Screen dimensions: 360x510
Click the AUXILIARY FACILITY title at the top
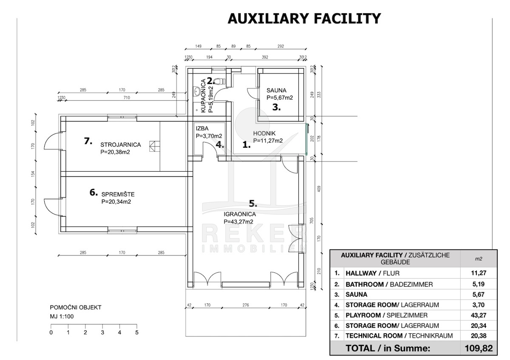(x=304, y=19)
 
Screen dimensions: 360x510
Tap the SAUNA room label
(x=277, y=90)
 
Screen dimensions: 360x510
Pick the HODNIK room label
(x=264, y=133)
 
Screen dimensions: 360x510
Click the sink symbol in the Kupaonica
(x=196, y=91)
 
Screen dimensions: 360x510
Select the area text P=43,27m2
(x=238, y=221)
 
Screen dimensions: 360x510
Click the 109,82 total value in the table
(x=479, y=349)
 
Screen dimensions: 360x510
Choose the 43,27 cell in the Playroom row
(x=479, y=315)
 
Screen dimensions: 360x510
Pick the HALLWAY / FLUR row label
(x=373, y=273)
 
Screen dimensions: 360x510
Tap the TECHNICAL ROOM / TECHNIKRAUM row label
(x=399, y=336)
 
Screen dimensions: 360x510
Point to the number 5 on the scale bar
(x=136, y=333)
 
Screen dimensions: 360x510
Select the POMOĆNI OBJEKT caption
(x=76, y=308)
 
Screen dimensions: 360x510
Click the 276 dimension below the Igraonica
(x=245, y=305)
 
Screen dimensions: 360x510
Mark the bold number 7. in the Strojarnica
(x=88, y=142)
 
